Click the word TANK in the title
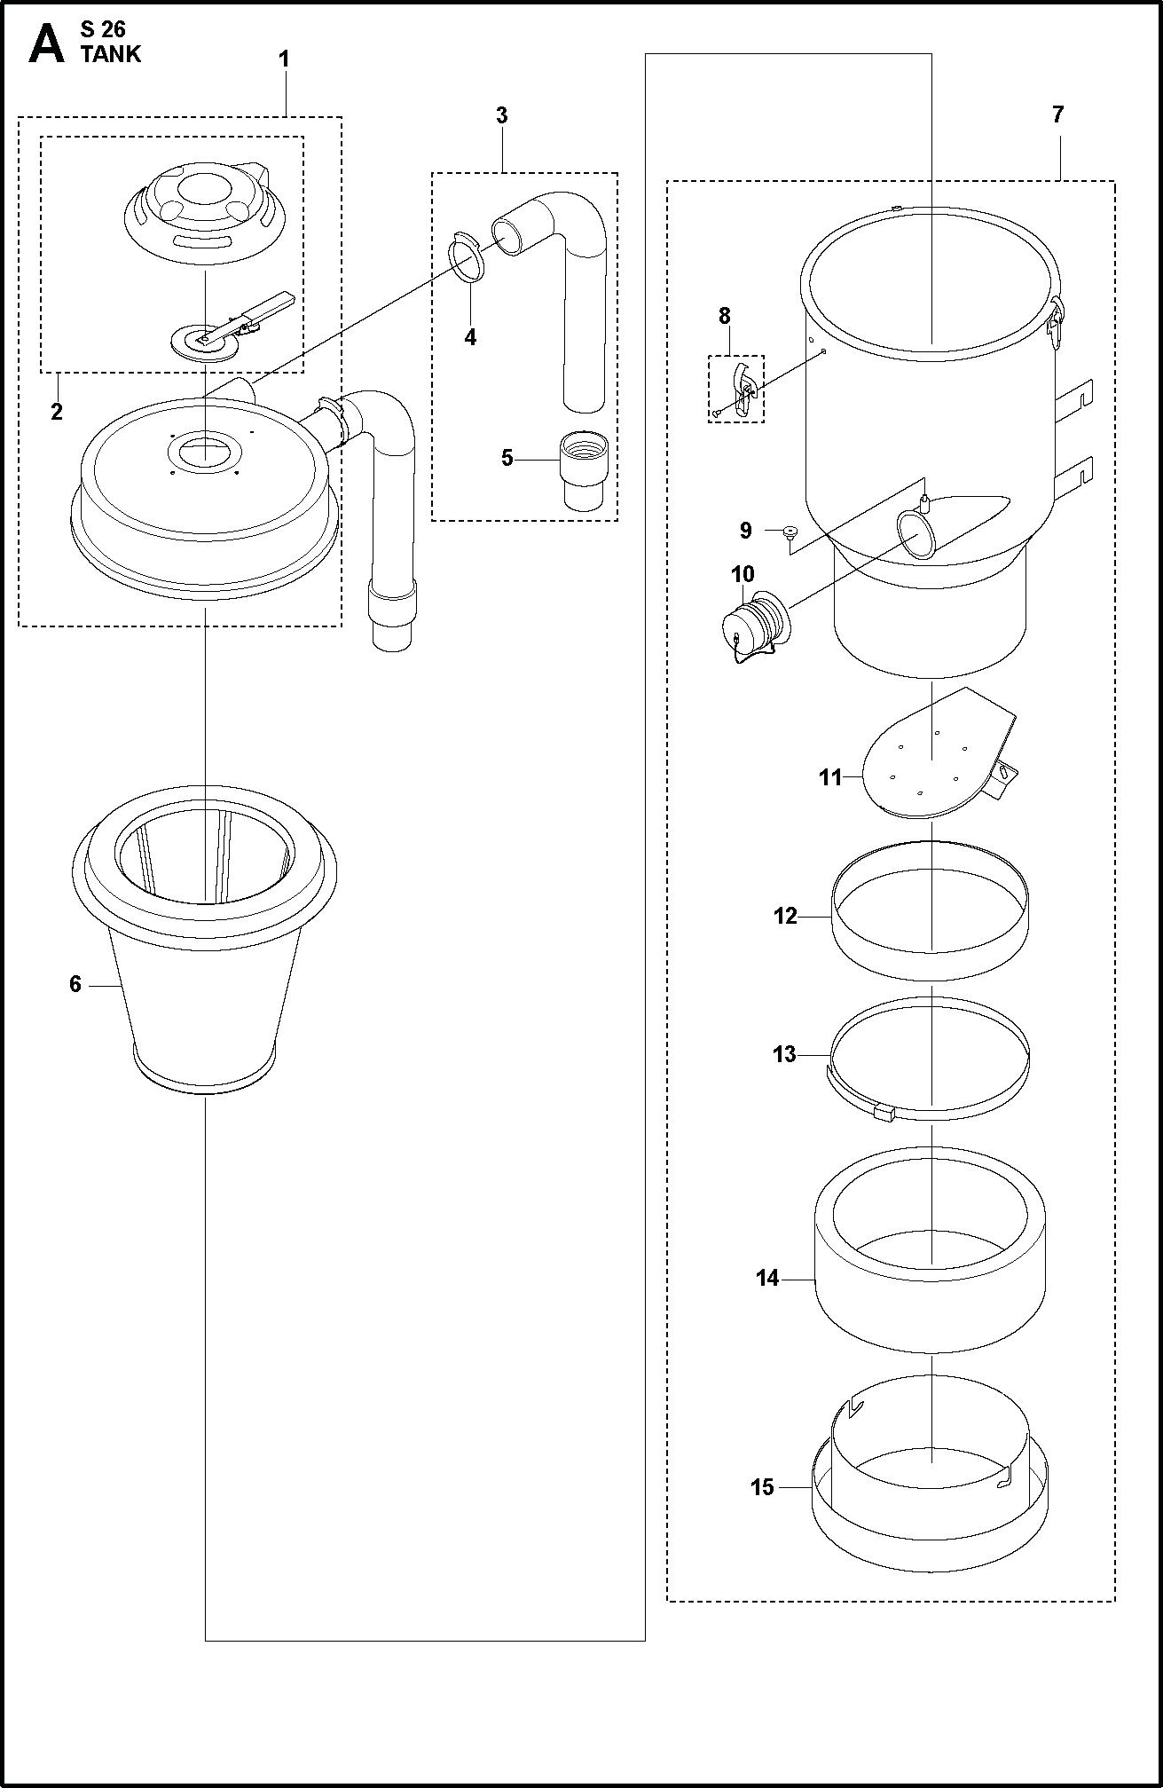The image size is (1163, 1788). click(x=110, y=55)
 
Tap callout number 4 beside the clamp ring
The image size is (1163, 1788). click(x=470, y=337)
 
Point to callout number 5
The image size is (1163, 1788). click(x=507, y=459)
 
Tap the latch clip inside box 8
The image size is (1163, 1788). click(x=741, y=390)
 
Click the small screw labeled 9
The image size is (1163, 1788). click(x=789, y=532)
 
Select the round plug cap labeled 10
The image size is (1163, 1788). click(x=754, y=621)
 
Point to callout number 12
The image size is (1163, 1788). click(x=785, y=916)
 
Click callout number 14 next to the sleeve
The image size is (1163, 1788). click(x=766, y=1279)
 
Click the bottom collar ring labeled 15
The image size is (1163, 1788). click(x=930, y=1500)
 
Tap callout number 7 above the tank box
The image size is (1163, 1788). click(x=1057, y=114)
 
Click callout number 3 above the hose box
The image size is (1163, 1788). click(x=501, y=115)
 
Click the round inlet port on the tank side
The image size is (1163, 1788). click(x=915, y=534)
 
